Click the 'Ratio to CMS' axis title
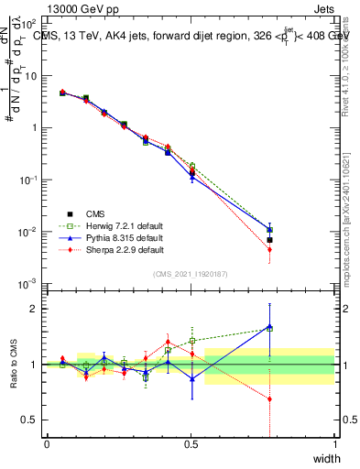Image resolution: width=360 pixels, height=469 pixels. click(x=13, y=365)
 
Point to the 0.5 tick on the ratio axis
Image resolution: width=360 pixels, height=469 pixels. click(x=29, y=420)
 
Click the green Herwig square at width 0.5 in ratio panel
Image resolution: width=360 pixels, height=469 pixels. click(x=191, y=341)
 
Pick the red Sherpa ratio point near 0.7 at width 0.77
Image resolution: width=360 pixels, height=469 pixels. click(x=269, y=398)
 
